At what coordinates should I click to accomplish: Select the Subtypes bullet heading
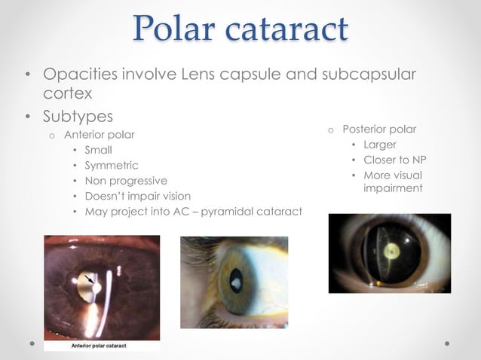(x=78, y=117)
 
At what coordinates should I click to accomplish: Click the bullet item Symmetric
(x=112, y=165)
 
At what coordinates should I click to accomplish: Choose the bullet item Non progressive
(x=126, y=181)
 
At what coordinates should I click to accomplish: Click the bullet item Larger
(x=379, y=144)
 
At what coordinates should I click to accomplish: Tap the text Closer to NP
(x=393, y=160)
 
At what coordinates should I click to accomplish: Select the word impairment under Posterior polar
(x=393, y=188)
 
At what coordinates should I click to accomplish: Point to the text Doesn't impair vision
(x=137, y=196)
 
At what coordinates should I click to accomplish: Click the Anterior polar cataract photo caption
(x=99, y=346)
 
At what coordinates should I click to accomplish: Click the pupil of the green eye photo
(x=235, y=282)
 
